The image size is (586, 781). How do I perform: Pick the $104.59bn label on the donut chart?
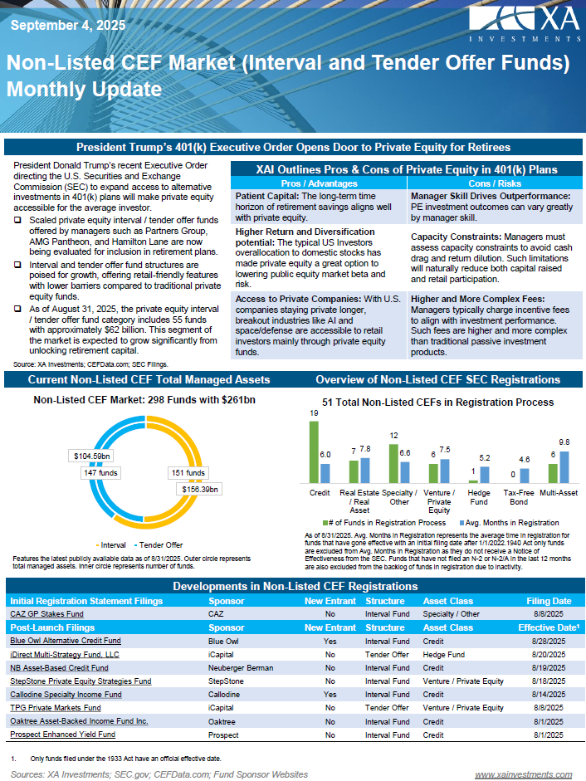pos(91,456)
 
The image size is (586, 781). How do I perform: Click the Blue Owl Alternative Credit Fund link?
pos(65,641)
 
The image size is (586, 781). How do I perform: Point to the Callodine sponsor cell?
pos(225,694)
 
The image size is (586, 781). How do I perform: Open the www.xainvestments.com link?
pos(523,774)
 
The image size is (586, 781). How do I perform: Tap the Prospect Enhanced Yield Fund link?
pos(62,735)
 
